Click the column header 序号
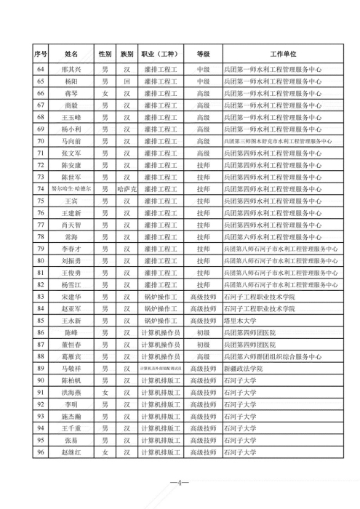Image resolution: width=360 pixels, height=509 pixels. click(x=41, y=54)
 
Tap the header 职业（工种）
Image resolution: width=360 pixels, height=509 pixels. click(x=161, y=54)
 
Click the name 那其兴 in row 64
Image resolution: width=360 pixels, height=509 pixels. click(x=71, y=71)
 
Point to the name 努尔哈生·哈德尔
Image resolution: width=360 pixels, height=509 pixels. click(x=71, y=188)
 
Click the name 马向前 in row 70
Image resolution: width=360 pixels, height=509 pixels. click(x=71, y=141)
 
